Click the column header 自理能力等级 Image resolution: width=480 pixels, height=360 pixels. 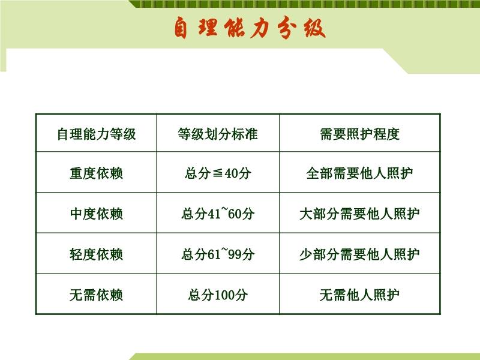[x=96, y=133]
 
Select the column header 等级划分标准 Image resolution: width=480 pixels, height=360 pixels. [x=217, y=133]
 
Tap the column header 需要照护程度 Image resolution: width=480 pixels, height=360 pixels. [x=359, y=133]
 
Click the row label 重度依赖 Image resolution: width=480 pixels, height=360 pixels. [x=96, y=173]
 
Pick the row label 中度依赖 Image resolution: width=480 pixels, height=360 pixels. [x=96, y=214]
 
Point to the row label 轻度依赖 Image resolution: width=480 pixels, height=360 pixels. [x=96, y=254]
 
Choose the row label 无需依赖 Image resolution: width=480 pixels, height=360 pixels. [x=96, y=295]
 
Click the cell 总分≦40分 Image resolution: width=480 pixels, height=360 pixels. [x=217, y=173]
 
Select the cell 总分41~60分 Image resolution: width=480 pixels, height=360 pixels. [x=217, y=214]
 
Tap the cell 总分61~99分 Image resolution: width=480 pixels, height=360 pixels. [x=217, y=254]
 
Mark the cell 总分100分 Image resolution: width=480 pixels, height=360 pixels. [x=217, y=295]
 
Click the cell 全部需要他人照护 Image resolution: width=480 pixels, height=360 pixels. [x=359, y=173]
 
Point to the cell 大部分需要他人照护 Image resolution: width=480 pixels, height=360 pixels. [x=359, y=214]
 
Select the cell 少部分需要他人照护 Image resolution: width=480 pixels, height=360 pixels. [x=359, y=254]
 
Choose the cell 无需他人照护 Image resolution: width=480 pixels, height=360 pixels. [x=359, y=295]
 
